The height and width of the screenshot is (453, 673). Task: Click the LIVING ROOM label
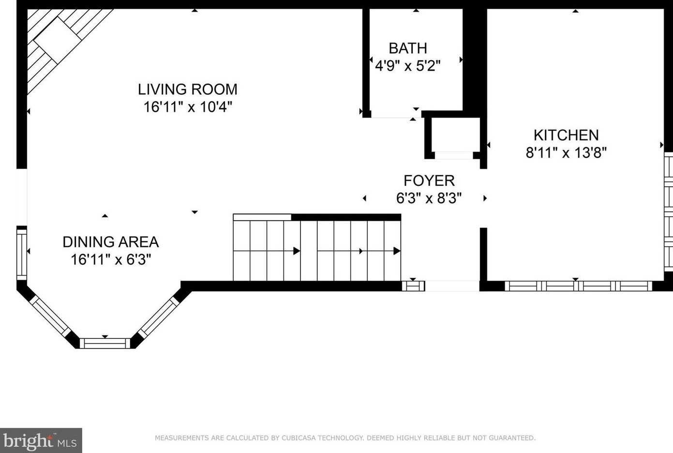[x=187, y=89]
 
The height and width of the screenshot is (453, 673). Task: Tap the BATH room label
[x=408, y=48]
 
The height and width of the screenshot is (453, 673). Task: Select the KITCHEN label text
[x=566, y=135]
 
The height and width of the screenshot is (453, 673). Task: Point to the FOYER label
[x=429, y=181]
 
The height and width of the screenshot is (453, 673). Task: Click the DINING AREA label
[x=111, y=242]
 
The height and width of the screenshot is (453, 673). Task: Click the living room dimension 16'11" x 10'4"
[x=188, y=106]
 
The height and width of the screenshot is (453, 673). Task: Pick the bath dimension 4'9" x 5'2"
[x=408, y=65]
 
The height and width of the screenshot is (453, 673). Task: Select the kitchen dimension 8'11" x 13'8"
[x=566, y=152]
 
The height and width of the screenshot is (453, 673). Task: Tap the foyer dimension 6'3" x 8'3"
[x=429, y=198]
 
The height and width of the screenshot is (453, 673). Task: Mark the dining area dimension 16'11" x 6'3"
[x=111, y=259]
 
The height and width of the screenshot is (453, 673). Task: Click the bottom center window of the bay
[x=105, y=343]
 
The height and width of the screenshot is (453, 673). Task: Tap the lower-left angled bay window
[x=50, y=317]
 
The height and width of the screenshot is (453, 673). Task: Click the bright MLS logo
[x=41, y=440]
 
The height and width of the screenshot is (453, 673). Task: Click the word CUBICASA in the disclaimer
[x=299, y=438]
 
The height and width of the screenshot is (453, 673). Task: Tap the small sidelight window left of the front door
[x=413, y=286]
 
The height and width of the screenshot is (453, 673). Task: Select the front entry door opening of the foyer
[x=452, y=286]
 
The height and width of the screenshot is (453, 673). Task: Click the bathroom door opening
[x=396, y=114]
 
